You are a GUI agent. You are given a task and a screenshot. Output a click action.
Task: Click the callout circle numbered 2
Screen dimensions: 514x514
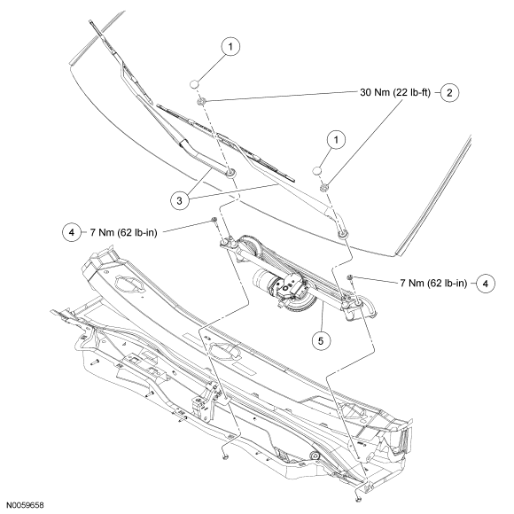449,93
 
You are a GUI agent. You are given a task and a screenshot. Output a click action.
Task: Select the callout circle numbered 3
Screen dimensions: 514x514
180,200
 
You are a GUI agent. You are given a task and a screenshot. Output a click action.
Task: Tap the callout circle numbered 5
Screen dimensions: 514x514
321,341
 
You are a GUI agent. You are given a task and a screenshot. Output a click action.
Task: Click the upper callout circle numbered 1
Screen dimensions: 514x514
230,47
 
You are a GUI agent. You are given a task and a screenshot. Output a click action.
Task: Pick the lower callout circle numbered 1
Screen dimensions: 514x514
336,140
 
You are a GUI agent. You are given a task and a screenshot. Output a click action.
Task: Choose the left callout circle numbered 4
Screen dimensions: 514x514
72,232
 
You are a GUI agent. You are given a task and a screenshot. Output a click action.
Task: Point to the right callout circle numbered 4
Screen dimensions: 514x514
486,284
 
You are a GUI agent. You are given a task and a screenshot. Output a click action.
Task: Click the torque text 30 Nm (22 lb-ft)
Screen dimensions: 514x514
395,92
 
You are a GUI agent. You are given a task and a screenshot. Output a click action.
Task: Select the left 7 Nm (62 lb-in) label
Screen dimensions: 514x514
123,232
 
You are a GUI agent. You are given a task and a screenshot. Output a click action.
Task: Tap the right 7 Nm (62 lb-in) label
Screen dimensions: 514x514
433,283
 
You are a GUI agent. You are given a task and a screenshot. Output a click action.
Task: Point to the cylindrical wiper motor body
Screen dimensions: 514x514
265,282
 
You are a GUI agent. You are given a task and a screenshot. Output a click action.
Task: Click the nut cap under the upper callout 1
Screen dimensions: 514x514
194,84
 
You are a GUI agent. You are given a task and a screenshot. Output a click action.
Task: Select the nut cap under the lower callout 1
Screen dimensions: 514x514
317,171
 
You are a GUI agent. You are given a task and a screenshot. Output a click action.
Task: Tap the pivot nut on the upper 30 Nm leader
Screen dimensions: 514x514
201,102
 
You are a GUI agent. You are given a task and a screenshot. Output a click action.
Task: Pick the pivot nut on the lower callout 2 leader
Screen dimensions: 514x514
324,188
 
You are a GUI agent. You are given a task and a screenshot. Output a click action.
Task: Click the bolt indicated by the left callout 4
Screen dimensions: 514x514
214,221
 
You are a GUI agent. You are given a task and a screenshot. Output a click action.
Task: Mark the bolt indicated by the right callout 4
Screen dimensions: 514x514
350,278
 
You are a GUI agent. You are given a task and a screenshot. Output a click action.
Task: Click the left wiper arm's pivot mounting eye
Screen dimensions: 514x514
230,172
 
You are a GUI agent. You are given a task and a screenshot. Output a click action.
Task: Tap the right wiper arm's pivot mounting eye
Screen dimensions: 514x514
343,234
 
